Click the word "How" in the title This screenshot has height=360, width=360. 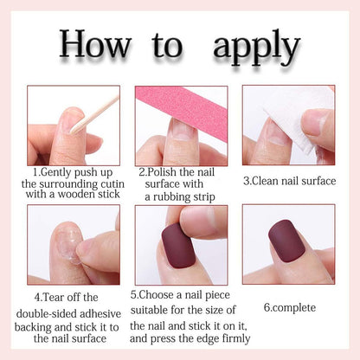tap(95, 43)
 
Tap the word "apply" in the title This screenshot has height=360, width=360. tap(256, 47)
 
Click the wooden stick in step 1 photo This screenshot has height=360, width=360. tap(95, 114)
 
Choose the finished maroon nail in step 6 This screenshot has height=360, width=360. tap(286, 241)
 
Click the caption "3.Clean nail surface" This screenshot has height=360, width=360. tap(290, 181)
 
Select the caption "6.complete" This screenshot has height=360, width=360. tap(290, 307)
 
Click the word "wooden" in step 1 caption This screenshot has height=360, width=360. tap(76, 194)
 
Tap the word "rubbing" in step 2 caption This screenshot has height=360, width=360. tap(171, 197)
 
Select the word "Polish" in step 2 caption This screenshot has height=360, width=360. tap(162, 172)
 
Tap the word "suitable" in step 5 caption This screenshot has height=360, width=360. tap(149, 310)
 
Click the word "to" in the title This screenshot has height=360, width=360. tap(167, 45)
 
